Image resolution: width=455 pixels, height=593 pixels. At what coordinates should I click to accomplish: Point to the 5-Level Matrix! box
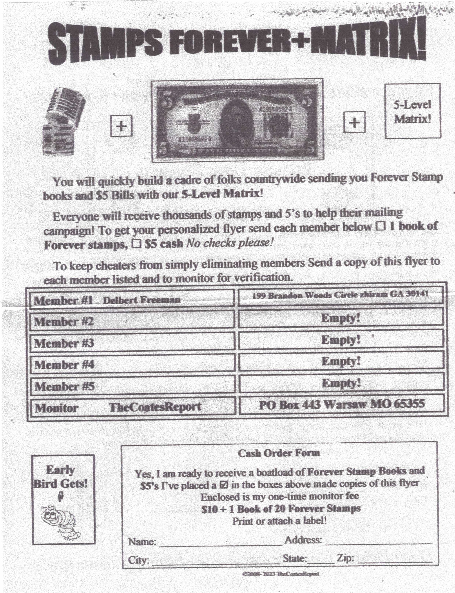click(412, 111)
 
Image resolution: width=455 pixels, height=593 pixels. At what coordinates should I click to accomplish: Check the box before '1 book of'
click(380, 226)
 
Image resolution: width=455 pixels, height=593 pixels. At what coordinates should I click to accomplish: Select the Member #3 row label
click(64, 343)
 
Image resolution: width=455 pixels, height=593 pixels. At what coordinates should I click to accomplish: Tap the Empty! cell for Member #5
click(341, 383)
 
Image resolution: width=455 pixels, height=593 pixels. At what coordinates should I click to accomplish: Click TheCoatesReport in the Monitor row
click(155, 407)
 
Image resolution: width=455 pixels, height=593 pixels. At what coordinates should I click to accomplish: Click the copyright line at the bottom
click(281, 574)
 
